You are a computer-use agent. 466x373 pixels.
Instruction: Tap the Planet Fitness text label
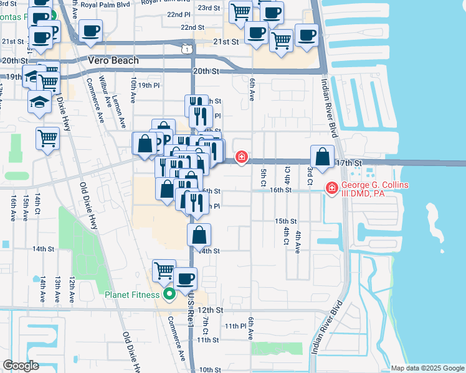[133, 295]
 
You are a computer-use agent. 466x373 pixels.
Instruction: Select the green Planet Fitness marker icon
[168, 295]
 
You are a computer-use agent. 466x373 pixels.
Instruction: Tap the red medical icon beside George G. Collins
[332, 186]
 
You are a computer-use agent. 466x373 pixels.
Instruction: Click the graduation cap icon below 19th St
[39, 101]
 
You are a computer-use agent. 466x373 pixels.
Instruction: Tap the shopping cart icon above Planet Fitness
[164, 270]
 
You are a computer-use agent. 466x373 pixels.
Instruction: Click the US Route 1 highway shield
[186, 48]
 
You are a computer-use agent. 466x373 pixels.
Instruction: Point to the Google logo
[21, 366]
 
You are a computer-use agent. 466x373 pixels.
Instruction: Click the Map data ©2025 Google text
[427, 368]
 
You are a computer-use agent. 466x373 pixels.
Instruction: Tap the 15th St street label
[286, 221]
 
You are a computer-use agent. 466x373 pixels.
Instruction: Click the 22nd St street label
[193, 27]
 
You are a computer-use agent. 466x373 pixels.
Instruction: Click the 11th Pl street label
[236, 326]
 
